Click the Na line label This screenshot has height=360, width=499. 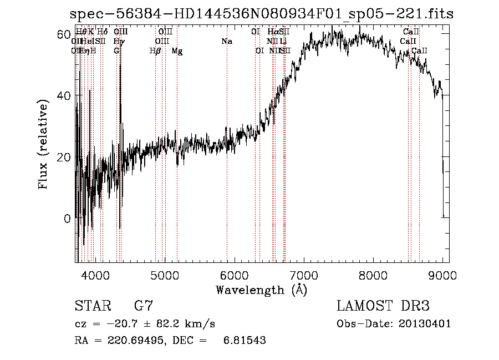coord(226,42)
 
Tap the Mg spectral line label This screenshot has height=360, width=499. coord(177,51)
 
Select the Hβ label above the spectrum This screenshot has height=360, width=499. coord(155,51)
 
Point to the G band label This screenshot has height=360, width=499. coord(116,51)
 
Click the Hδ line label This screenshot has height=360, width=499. coord(102,32)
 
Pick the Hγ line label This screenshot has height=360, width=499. coord(119,42)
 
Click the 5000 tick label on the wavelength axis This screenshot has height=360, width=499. coord(165,274)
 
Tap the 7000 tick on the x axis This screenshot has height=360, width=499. coord(304,274)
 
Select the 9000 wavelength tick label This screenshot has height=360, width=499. coord(442,274)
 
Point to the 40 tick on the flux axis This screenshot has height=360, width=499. coord(63,95)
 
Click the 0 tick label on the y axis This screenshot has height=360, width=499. coord(67,219)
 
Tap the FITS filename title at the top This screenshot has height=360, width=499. coord(261,14)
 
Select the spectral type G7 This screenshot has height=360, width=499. coord(143,306)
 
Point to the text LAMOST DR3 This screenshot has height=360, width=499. coord(383,306)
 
